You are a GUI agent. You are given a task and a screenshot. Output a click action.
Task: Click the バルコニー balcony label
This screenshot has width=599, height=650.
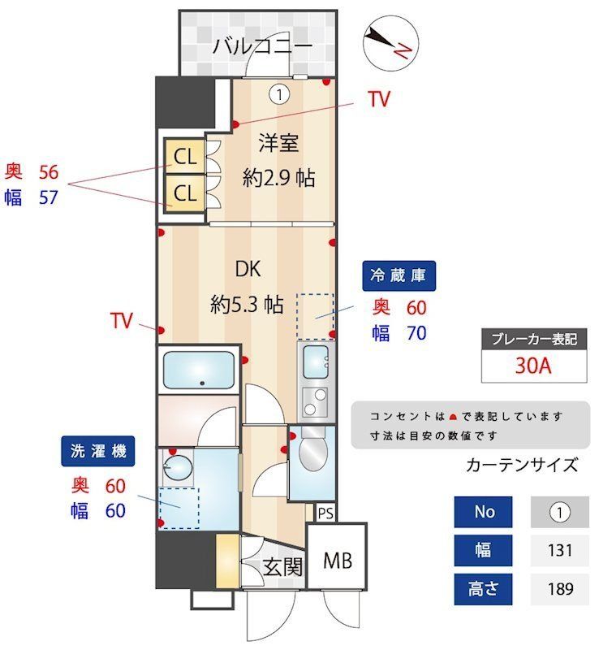click(262, 46)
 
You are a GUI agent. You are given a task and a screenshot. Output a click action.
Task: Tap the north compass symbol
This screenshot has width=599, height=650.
click(389, 44)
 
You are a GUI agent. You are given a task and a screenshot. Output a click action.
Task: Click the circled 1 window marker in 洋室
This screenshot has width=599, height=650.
click(279, 95)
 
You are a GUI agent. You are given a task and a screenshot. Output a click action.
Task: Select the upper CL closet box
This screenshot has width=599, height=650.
click(185, 157)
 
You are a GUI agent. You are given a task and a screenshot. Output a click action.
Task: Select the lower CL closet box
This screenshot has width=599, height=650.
click(185, 193)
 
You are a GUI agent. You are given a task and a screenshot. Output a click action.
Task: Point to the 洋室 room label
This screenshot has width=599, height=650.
click(278, 144)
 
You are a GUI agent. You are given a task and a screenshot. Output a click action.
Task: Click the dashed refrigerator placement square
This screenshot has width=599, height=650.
click(316, 316)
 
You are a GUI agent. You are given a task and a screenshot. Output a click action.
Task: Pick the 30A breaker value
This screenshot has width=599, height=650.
click(533, 365)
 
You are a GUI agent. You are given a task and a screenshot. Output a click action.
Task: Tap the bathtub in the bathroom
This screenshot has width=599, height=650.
click(199, 370)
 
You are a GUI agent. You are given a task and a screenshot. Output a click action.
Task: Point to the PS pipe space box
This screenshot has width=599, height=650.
click(325, 513)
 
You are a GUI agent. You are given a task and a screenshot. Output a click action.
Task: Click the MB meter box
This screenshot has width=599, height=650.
click(336, 560)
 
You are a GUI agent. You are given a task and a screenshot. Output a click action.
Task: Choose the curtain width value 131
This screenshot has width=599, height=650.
click(560, 551)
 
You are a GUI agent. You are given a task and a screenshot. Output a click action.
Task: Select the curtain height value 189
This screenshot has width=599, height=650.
click(560, 588)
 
